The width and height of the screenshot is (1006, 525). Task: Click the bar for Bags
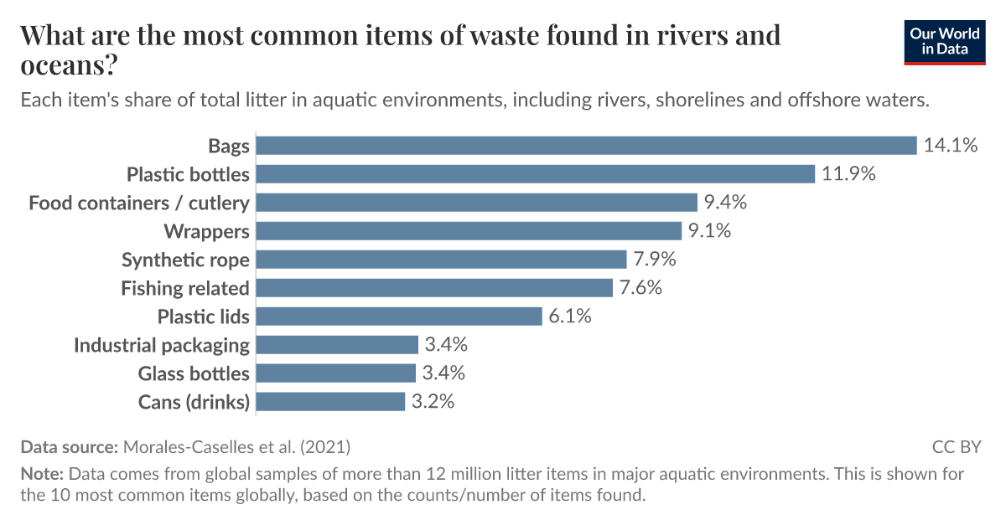click(x=586, y=146)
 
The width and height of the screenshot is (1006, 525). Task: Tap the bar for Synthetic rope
click(x=441, y=260)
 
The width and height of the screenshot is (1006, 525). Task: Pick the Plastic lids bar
click(x=399, y=317)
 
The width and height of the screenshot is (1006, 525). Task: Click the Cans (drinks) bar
click(x=330, y=402)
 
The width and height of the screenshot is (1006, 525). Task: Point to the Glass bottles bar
click(x=335, y=373)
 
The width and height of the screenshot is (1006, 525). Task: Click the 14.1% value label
click(x=951, y=146)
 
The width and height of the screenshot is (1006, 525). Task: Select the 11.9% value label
click(x=848, y=174)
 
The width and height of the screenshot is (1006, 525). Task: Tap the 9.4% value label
click(x=725, y=203)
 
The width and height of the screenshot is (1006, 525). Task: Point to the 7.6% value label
click(x=641, y=288)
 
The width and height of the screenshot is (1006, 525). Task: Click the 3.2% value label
click(x=433, y=402)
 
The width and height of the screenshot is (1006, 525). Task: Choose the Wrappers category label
click(x=206, y=231)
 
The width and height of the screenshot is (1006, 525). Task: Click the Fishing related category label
click(x=185, y=289)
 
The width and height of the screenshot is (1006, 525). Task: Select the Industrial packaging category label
click(x=162, y=345)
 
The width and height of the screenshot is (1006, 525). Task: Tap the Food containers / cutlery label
click(x=139, y=203)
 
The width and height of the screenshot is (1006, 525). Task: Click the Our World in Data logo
click(x=944, y=42)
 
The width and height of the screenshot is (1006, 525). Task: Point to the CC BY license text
click(x=957, y=446)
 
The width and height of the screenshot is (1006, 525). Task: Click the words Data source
click(x=70, y=446)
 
